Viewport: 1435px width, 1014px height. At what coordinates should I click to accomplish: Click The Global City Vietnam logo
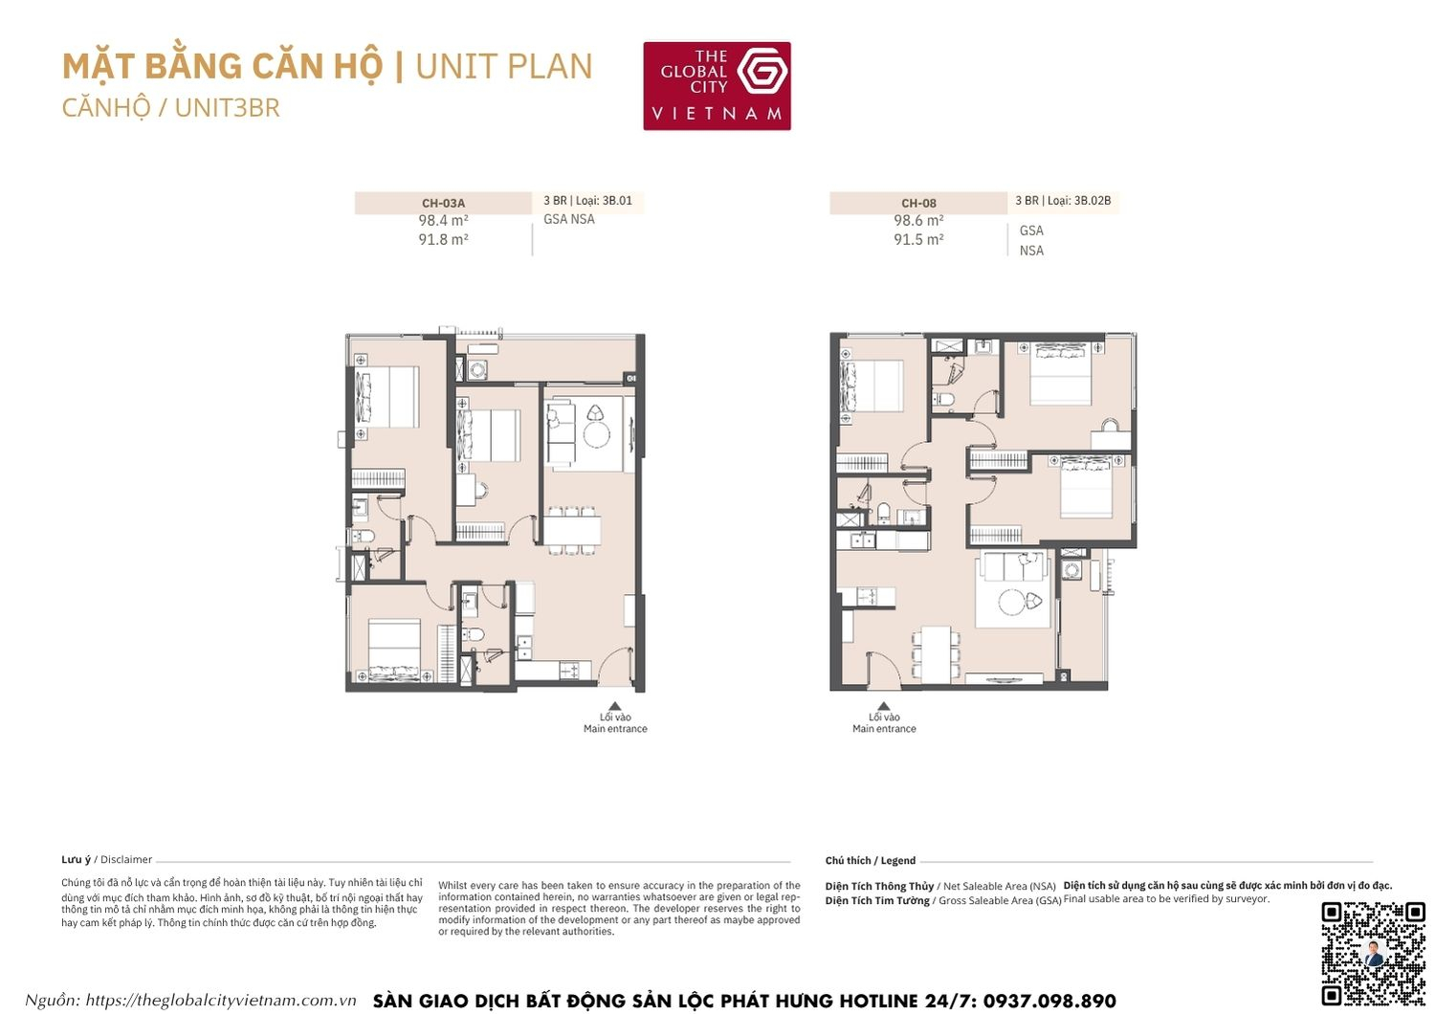(x=717, y=86)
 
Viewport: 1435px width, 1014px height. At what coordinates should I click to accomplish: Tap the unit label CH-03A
(x=443, y=203)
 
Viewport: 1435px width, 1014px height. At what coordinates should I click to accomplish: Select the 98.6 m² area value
(x=918, y=221)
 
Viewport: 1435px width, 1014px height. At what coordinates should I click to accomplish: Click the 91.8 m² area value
(x=443, y=240)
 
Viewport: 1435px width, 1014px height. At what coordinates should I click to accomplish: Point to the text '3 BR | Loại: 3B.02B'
(x=1063, y=201)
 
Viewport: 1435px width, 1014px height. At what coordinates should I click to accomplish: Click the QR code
(x=1373, y=953)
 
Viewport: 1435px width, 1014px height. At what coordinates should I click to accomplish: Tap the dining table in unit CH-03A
(x=572, y=529)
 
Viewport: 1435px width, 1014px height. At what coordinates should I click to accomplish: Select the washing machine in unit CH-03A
(x=476, y=368)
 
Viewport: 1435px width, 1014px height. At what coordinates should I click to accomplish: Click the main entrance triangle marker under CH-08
(x=883, y=707)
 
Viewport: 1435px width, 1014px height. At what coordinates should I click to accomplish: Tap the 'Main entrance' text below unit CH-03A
(x=615, y=729)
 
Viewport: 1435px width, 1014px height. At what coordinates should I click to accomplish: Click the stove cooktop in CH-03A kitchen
(x=569, y=670)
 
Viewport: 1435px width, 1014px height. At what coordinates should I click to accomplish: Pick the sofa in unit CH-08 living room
(x=1014, y=568)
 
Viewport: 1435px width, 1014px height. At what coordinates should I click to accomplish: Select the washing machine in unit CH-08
(x=1071, y=571)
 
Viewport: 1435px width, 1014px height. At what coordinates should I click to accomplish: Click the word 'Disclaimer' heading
(x=126, y=860)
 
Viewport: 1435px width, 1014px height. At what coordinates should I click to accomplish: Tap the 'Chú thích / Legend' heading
(x=870, y=861)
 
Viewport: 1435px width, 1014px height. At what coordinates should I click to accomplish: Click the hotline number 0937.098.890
(x=1049, y=1002)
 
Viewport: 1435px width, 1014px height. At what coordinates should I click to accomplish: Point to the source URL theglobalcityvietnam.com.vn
(x=220, y=1001)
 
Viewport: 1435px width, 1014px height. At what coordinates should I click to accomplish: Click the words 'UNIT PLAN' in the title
(x=504, y=67)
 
